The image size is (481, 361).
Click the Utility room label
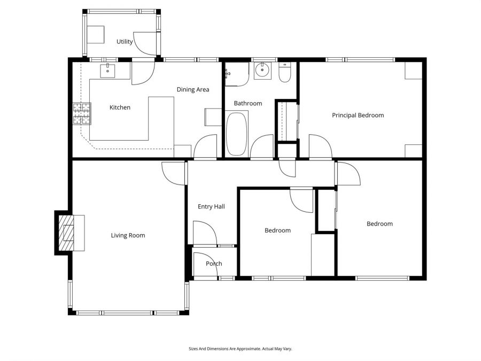tap(125, 42)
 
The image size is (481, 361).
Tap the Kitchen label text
tap(120, 107)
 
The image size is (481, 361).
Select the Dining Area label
tap(193, 89)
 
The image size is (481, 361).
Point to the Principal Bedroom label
tap(358, 115)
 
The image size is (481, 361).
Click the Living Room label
tap(128, 235)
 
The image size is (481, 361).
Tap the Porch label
tap(214, 264)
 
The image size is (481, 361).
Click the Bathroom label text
tap(247, 103)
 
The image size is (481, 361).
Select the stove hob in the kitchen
tap(81, 113)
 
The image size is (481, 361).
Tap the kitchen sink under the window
tap(108, 70)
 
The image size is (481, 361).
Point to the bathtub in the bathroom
tap(237, 133)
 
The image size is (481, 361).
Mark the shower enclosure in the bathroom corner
tap(236, 74)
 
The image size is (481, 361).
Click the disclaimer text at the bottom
tap(240, 349)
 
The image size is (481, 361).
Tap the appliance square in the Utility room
tap(96, 35)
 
